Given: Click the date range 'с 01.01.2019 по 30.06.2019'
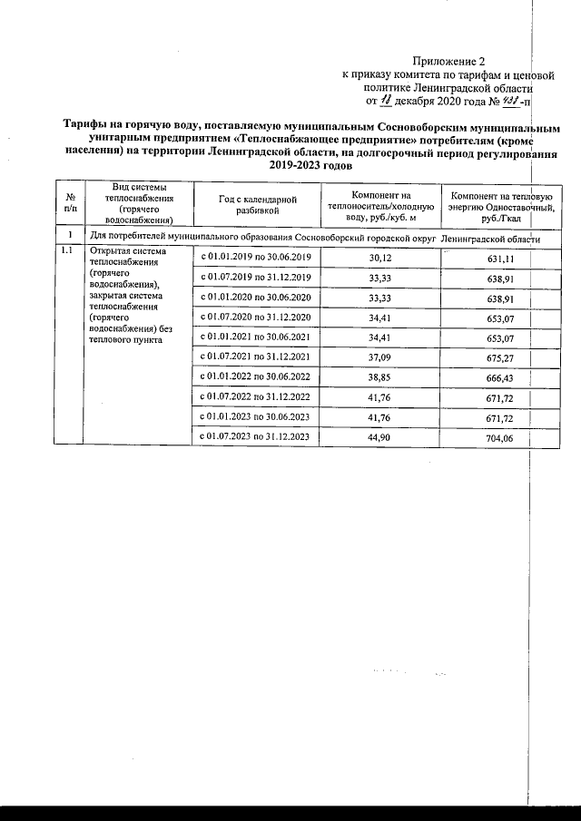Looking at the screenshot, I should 254,257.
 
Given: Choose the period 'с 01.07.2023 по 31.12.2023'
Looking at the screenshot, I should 254,436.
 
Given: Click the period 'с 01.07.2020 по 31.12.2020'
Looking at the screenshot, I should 254,317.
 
